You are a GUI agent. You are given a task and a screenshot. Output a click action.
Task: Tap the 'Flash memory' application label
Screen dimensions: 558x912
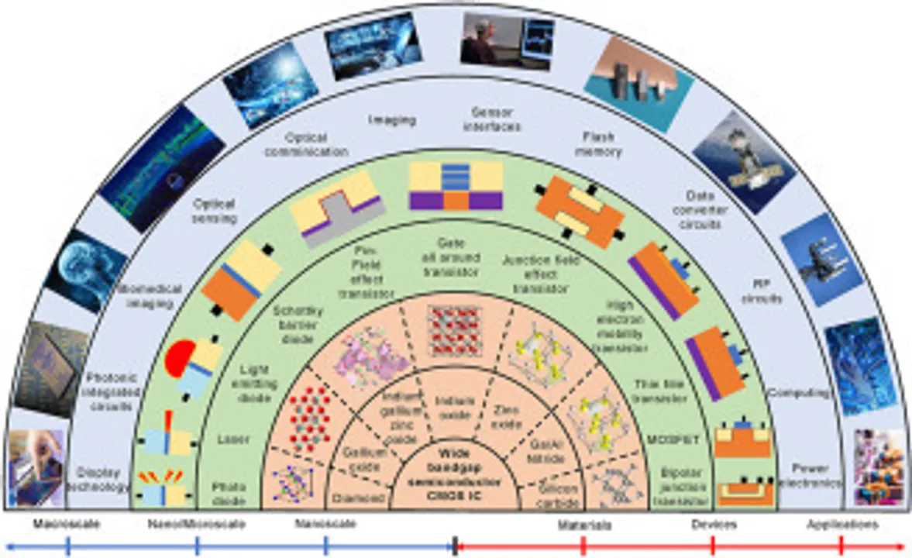click(x=597, y=144)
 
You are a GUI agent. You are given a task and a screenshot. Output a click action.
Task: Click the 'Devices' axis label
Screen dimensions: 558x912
click(x=714, y=525)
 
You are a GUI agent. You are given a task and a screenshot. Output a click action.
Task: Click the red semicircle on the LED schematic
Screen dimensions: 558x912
click(x=180, y=359)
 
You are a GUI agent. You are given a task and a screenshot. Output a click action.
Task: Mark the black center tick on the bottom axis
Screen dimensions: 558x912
click(x=455, y=546)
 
